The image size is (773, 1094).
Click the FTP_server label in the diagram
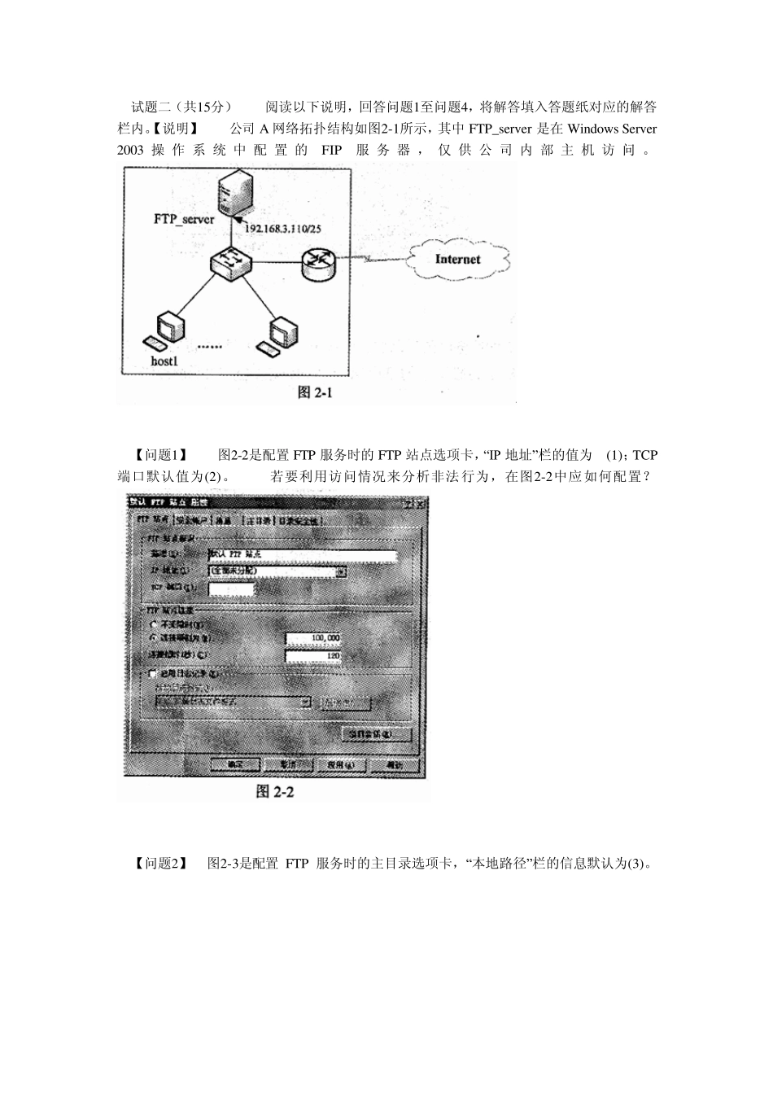click(184, 219)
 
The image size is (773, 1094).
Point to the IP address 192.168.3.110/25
click(283, 230)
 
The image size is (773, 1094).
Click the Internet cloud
click(457, 260)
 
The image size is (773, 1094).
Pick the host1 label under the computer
click(164, 361)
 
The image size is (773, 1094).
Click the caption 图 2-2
click(274, 791)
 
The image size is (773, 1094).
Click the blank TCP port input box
click(232, 589)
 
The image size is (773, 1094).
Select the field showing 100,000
click(313, 638)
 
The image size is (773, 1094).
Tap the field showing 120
click(313, 655)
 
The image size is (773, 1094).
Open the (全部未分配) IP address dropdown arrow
click(341, 572)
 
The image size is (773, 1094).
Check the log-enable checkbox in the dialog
click(152, 674)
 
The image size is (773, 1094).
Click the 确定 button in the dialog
click(234, 765)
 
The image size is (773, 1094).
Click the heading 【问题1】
click(160, 455)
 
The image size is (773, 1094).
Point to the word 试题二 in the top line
click(151, 107)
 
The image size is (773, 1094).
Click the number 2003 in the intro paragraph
click(130, 150)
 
